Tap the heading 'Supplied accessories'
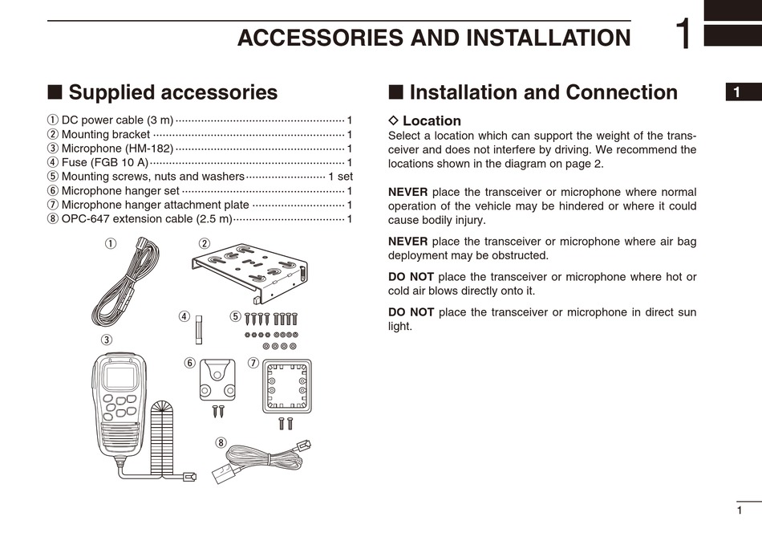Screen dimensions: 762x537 pos(172,92)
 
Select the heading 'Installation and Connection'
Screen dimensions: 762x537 pos(543,92)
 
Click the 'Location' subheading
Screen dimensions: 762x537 pos(432,121)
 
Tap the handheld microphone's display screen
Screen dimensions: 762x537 pos(120,376)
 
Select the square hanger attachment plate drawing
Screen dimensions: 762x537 pos(286,386)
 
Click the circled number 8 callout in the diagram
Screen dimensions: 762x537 pos(221,442)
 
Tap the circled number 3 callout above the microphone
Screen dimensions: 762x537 pos(106,340)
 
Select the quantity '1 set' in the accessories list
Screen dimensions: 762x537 pos(340,177)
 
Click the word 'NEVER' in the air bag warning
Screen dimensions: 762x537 pos(407,241)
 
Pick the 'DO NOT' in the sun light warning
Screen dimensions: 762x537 pos(411,312)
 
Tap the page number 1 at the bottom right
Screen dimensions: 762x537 pos(739,511)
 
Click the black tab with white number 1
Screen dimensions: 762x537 pos(737,92)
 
